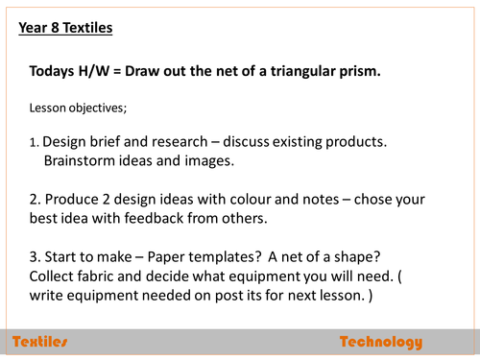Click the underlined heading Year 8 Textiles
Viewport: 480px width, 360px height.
65,28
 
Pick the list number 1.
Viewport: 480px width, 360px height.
34,143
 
